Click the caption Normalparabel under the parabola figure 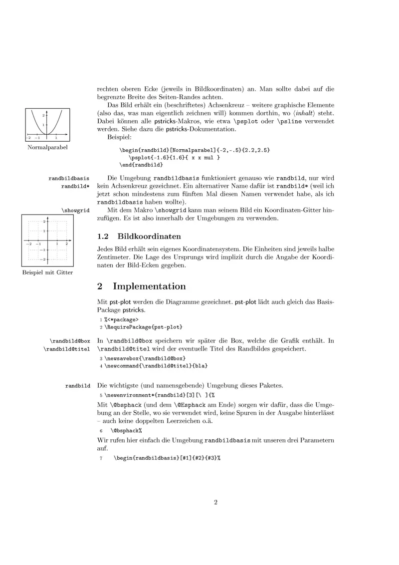tap(47, 148)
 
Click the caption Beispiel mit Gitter tap(47, 273)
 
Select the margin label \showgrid tap(75, 211)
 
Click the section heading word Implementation tap(149, 286)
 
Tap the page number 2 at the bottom tap(215, 503)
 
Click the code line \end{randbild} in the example tap(141, 164)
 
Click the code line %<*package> tap(121, 319)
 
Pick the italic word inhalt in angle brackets tap(301, 113)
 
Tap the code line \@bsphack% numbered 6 tap(127, 430)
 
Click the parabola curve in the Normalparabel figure tap(37, 125)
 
